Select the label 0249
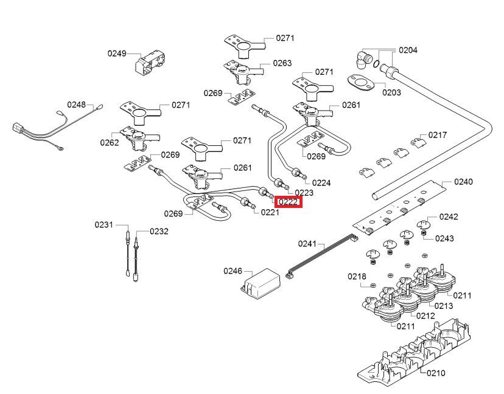pos(117,54)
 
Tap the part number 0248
pos(77,105)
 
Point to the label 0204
pos(408,50)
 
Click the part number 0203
pos(391,92)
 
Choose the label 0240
pos(463,182)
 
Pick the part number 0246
pos(233,271)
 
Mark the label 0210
pos(436,373)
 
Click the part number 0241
pos(307,244)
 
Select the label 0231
pos(104,224)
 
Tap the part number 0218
pos(357,277)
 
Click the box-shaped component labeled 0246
pos(261,281)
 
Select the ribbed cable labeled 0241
pos(322,255)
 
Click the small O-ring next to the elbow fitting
pos(376,64)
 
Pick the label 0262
pos(110,142)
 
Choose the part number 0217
pos(437,135)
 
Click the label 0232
pos(159,231)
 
